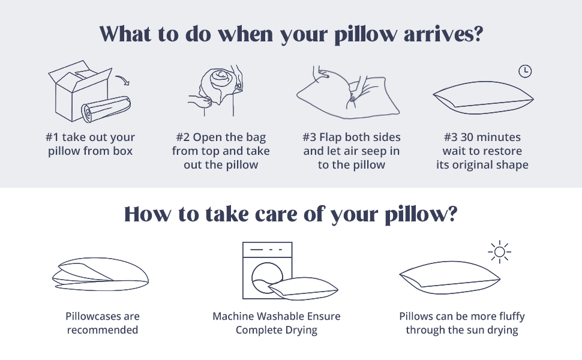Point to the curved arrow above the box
point(124,79)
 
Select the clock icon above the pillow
point(525,71)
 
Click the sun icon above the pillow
point(499,253)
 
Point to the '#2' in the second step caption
point(185,137)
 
